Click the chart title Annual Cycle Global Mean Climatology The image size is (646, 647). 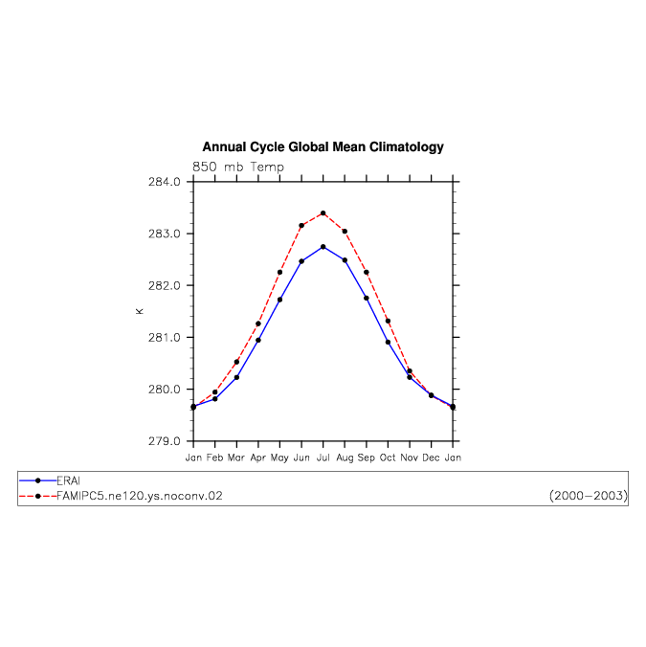coord(323,146)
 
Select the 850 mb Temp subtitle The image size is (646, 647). coord(238,167)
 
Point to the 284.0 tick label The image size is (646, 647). coord(165,182)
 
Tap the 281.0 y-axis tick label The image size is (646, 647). coord(165,338)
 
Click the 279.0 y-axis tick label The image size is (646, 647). coord(165,441)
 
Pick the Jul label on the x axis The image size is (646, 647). coord(323,457)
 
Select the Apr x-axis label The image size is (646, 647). coord(258,458)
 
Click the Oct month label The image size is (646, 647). coord(388,457)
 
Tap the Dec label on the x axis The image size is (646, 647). coord(431,457)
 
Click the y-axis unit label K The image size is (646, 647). coord(140,311)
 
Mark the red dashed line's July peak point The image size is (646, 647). coord(323,213)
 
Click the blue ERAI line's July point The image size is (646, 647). coord(323,247)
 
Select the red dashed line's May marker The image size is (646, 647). coord(279,273)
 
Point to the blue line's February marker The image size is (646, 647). coord(215,399)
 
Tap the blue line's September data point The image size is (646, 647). coord(367,298)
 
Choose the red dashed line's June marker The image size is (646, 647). coord(301,226)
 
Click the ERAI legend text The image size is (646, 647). coord(68,480)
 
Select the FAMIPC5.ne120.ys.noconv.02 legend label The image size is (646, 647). coord(140,496)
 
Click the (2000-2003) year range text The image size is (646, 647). coord(589,496)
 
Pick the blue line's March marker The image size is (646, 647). coord(236,377)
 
